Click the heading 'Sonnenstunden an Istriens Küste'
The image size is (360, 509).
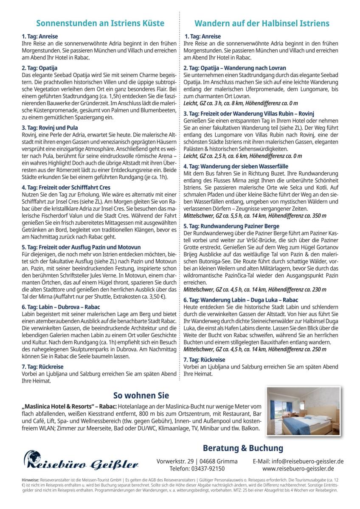[x=100, y=23]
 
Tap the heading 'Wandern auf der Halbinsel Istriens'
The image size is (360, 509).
[x=262, y=23]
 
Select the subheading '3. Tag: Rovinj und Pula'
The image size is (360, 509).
[x=50, y=127]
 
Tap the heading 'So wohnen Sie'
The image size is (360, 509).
[x=141, y=396]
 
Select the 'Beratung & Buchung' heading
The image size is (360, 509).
[x=243, y=448]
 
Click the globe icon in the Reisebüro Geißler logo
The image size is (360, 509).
[x=32, y=459]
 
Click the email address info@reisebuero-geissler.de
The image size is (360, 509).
[x=298, y=461]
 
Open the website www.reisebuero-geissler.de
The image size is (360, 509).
[x=298, y=469]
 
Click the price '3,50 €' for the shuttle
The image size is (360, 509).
[x=155, y=297]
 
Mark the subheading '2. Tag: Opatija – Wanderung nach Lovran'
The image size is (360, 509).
[x=235, y=68]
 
